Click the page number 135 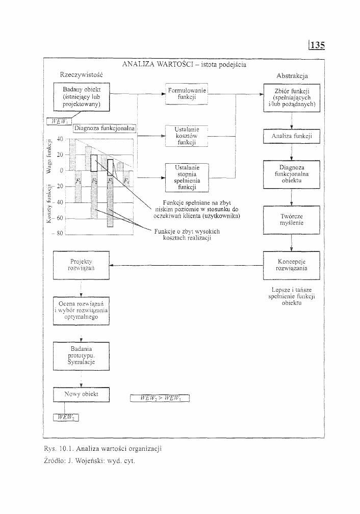click(x=317, y=45)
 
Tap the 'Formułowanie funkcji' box click(x=187, y=93)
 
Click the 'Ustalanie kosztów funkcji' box click(x=187, y=137)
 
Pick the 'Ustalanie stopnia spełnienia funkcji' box click(x=187, y=177)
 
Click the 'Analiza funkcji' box click(x=291, y=137)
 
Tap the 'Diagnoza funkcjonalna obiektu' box click(x=291, y=174)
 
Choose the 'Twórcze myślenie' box click(x=291, y=219)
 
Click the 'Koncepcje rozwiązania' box click(x=291, y=265)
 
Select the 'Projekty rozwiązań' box click(x=82, y=265)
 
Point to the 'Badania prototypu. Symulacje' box click(x=82, y=356)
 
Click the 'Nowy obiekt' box click(x=82, y=395)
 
